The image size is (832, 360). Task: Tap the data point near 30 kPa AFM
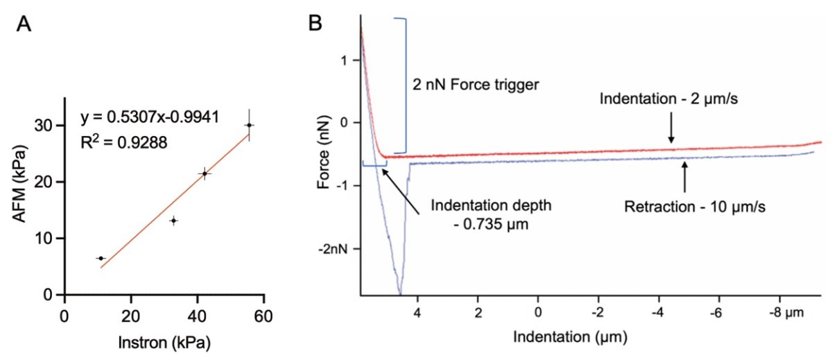(249, 125)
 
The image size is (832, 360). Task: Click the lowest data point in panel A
(101, 258)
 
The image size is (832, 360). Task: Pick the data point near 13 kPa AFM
(173, 221)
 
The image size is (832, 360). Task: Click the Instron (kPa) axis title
(164, 343)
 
